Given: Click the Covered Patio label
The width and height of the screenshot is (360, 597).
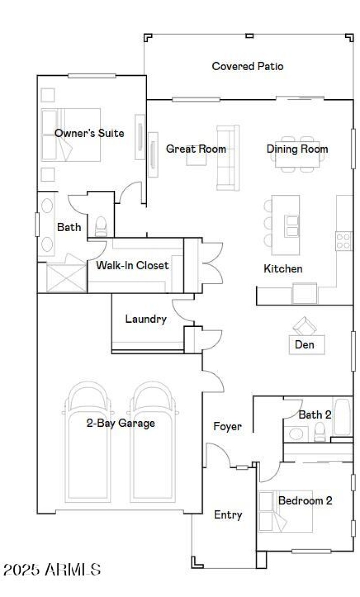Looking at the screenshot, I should point(247,67).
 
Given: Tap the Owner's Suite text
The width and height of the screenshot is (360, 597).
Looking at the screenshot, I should point(89,133).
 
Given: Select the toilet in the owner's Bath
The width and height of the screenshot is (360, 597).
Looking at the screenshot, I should point(101,226).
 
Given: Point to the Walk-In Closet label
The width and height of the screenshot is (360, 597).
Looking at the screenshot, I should point(132,265).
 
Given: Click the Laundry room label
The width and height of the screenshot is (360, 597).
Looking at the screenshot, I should point(146,319).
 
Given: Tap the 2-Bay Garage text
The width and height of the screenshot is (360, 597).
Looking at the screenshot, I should point(121,423).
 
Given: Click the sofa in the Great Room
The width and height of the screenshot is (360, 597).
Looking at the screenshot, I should point(228,157).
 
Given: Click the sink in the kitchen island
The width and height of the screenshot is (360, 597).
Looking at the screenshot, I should point(292,225).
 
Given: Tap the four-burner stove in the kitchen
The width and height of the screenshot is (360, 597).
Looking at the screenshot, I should point(344,241).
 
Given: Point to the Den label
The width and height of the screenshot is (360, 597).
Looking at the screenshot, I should point(304,345).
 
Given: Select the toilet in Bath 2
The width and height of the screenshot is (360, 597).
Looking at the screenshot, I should point(319,431).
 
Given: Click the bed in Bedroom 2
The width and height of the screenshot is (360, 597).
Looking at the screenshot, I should point(285,512).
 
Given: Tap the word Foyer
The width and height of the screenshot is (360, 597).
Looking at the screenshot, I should point(227,426).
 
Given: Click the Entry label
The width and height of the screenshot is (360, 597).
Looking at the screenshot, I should point(228,515).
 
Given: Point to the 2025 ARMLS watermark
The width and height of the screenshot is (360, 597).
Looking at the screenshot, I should point(52,570).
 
